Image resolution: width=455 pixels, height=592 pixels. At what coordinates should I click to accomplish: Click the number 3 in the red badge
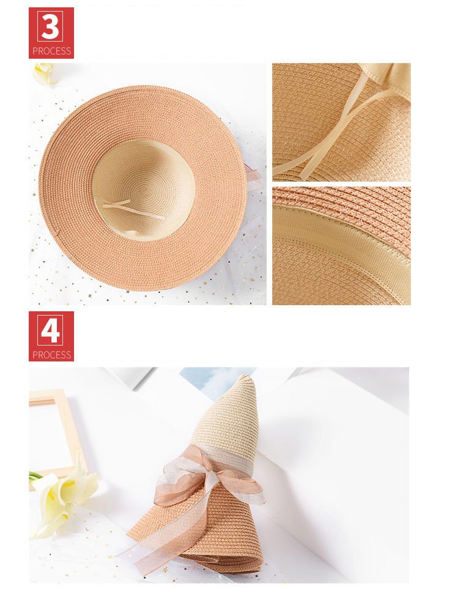click(51, 26)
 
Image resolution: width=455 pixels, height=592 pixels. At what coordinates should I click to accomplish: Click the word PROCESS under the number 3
click(51, 51)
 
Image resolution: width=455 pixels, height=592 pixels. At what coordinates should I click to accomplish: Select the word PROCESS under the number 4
click(51, 355)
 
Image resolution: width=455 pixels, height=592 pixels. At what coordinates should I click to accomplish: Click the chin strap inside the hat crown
click(132, 209)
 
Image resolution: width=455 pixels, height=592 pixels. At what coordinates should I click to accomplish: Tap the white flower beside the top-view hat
click(45, 74)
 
